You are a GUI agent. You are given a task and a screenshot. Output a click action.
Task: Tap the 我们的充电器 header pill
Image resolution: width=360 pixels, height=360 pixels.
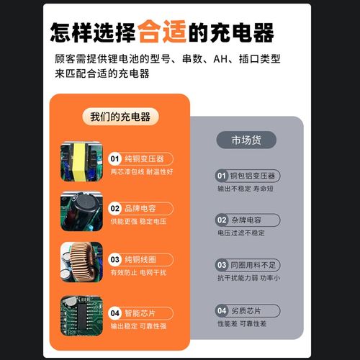[x=121, y=117]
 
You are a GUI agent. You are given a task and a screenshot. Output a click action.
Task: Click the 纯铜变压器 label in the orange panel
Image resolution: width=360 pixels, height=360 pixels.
[x=145, y=158]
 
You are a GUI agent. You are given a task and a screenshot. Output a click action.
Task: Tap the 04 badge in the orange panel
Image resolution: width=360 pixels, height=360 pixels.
[x=115, y=313]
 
